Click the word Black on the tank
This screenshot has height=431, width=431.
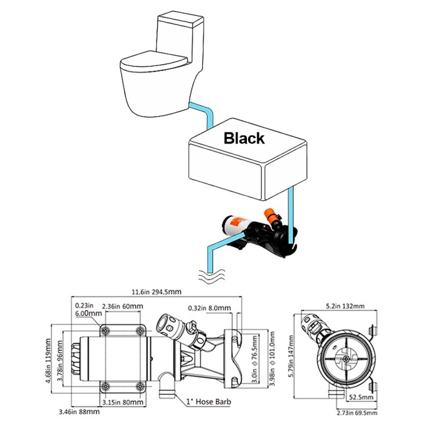coord(244,138)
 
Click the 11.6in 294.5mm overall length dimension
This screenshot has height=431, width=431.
coord(158,291)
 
